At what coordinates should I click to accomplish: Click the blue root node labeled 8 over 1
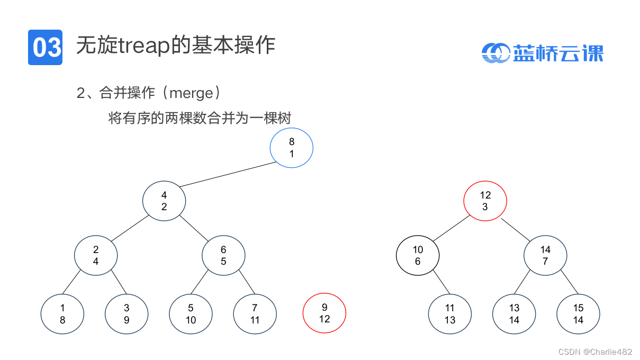(292, 148)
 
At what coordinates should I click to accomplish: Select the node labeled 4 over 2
(164, 201)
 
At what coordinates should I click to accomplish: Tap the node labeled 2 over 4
(96, 255)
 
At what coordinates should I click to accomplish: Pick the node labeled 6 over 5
(223, 255)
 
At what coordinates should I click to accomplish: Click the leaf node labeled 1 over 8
(62, 313)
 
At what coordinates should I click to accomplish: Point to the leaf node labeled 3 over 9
(127, 313)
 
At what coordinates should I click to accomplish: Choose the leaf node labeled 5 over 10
(191, 313)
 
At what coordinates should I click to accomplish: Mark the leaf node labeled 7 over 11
(255, 313)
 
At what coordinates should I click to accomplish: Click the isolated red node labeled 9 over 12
(324, 313)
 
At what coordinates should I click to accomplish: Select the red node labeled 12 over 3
(485, 201)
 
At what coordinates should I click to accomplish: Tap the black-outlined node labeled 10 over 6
(418, 255)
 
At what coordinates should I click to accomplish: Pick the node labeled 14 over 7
(545, 255)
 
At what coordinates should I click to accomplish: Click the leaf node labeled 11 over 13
(450, 313)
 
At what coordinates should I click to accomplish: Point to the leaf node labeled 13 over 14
(514, 313)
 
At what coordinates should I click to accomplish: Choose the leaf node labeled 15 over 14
(578, 313)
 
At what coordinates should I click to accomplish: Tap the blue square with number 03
(45, 47)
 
